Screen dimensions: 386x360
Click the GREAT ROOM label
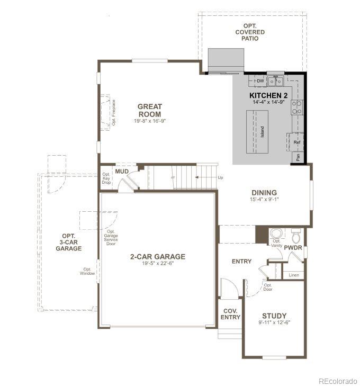[150, 110]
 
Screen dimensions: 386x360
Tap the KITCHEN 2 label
[268, 95]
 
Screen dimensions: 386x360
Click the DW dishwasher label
[260, 81]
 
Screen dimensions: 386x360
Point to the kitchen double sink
[275, 82]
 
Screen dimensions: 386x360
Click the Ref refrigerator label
[296, 142]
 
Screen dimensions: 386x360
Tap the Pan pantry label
[299, 157]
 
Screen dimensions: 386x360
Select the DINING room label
[264, 193]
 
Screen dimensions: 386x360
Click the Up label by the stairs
[220, 177]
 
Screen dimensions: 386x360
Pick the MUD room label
[122, 171]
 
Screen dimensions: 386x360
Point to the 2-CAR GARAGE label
[158, 257]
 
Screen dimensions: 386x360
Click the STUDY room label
[274, 316]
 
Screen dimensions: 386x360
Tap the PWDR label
[293, 247]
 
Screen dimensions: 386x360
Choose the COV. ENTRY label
[230, 314]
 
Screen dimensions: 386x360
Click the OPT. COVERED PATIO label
[250, 32]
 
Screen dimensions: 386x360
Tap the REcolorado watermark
[337, 380]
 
